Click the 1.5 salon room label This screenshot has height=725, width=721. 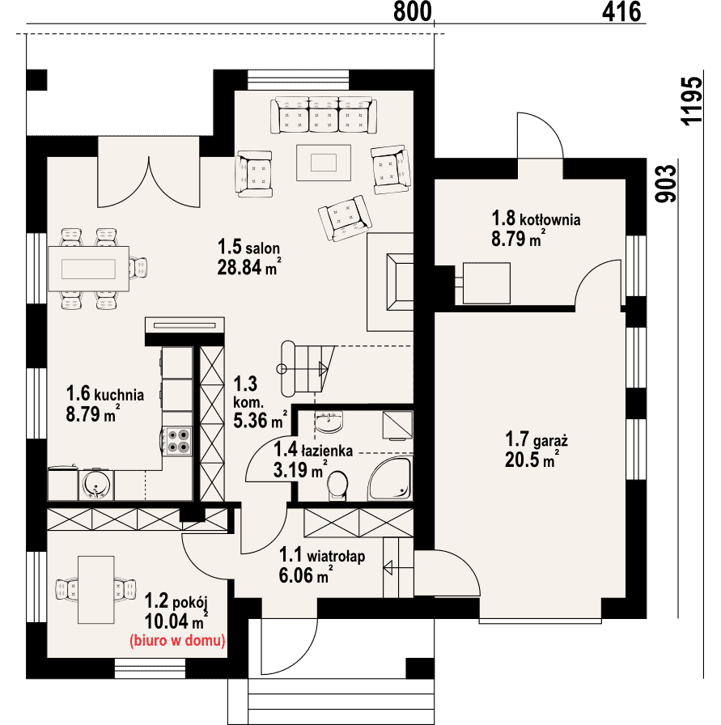click(248, 248)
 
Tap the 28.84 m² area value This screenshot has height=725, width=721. click(249, 267)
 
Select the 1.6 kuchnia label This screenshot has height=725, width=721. click(105, 394)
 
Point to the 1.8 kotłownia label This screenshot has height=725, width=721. click(536, 218)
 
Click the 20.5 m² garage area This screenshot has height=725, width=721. click(532, 460)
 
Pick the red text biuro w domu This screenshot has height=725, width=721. click(177, 641)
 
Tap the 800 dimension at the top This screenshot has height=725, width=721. click(412, 11)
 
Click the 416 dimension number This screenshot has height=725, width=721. click(621, 11)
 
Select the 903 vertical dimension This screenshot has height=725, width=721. click(666, 184)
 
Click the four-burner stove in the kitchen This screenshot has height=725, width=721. click(178, 441)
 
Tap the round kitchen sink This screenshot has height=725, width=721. click(96, 485)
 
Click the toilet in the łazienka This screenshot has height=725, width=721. click(337, 485)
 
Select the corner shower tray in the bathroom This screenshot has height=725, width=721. click(389, 478)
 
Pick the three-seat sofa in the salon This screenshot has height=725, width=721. click(323, 115)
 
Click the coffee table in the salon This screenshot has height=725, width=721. click(324, 163)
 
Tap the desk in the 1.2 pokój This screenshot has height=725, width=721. click(95, 590)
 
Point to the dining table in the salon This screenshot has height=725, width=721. click(88, 269)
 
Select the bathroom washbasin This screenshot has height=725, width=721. click(329, 422)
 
